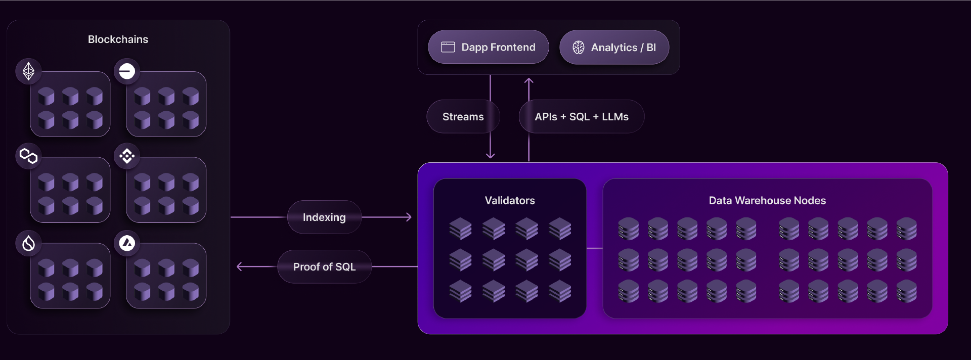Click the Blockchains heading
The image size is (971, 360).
[x=118, y=39]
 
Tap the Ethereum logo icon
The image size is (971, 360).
[x=28, y=71]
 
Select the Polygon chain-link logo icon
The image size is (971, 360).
[x=28, y=156]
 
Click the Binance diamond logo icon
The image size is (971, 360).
[x=127, y=156]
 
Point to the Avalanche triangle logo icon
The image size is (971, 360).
[x=127, y=243]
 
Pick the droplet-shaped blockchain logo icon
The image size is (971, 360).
[x=28, y=243]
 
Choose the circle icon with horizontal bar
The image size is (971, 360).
[x=127, y=71]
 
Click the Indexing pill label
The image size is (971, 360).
[x=324, y=217]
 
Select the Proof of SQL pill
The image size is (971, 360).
[x=324, y=266]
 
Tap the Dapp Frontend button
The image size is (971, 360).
[x=488, y=47]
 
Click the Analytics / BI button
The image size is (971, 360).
[x=614, y=48]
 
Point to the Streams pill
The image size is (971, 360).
[x=463, y=117]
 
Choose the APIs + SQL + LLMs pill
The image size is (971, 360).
[x=582, y=117]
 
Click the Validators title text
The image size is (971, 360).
[x=510, y=201]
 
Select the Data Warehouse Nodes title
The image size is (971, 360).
[x=767, y=201]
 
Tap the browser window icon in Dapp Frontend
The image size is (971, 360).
[x=448, y=47]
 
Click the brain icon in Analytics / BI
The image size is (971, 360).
[x=578, y=48]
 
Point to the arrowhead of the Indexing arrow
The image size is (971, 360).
[x=409, y=217]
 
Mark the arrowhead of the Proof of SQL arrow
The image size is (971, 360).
[x=239, y=266]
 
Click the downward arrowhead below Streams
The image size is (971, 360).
[x=490, y=156]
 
